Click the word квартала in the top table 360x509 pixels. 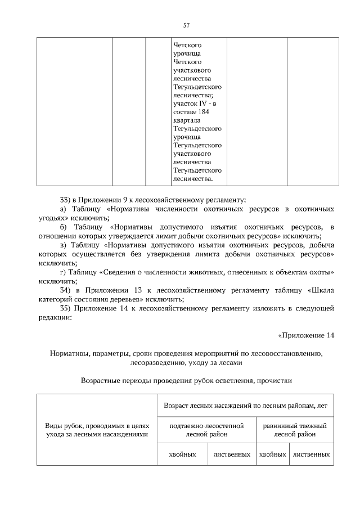(x=186, y=120)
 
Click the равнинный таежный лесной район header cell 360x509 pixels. (x=294, y=430)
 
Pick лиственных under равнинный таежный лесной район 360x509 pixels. (x=311, y=454)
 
